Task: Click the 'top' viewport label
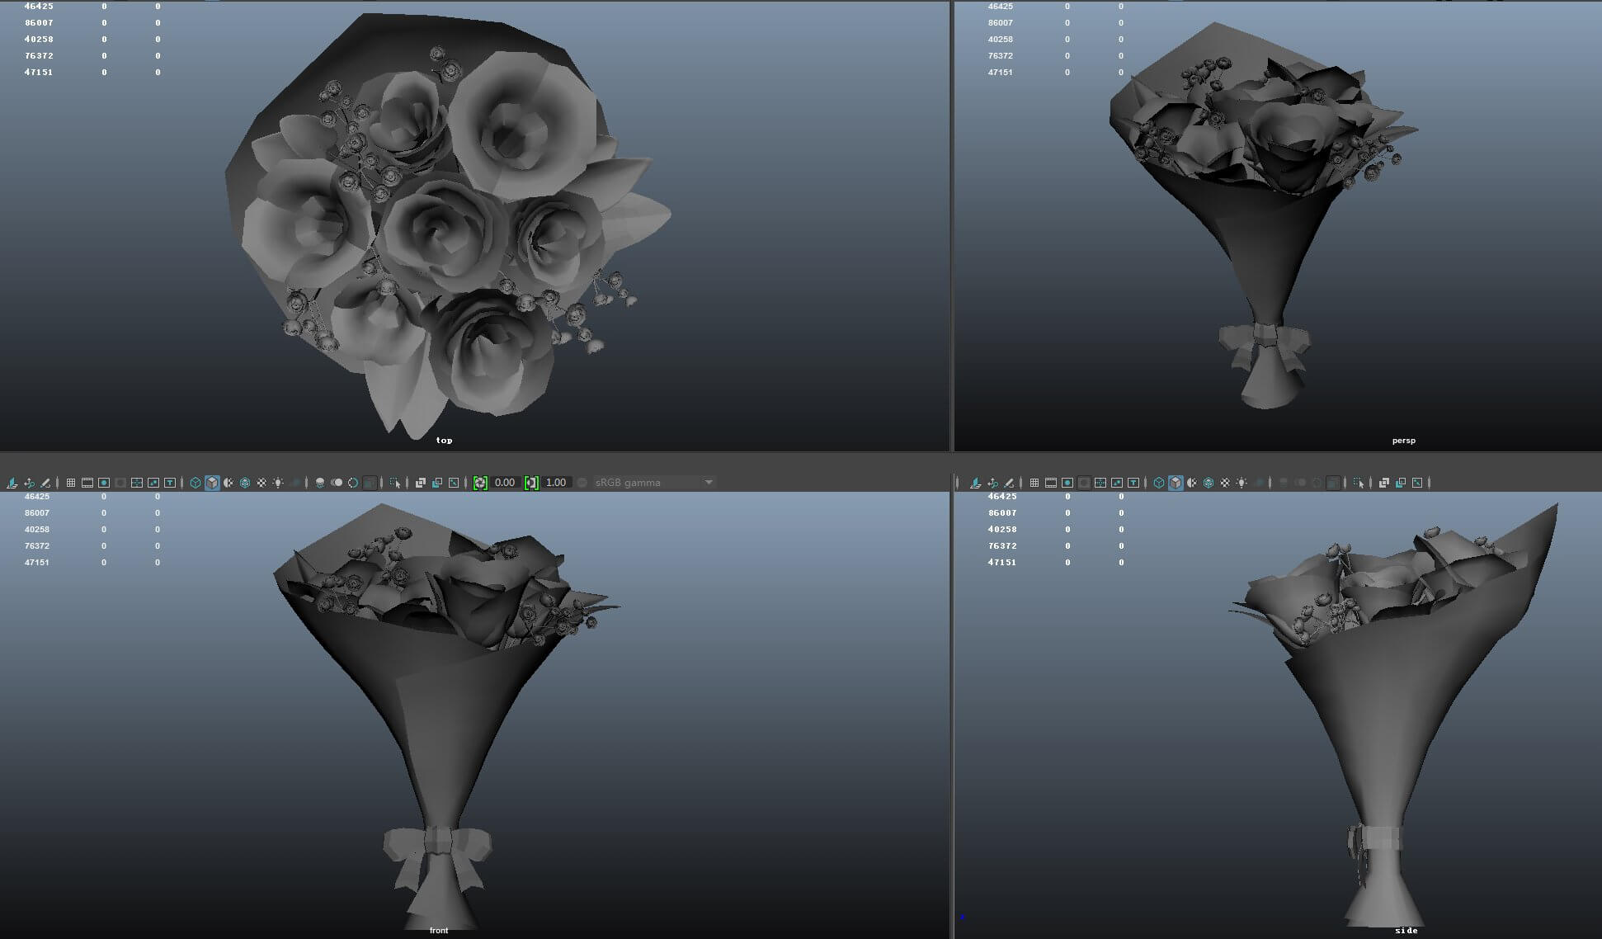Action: click(x=444, y=440)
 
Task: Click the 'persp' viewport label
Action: click(x=1403, y=440)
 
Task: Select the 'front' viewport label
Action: click(x=438, y=930)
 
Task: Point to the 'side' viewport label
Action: click(x=1406, y=930)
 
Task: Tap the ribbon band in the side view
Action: click(x=1378, y=838)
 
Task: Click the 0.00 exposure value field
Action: click(x=505, y=483)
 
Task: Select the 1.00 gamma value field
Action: click(x=556, y=483)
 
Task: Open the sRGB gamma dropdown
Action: click(x=708, y=483)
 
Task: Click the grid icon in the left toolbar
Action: click(x=71, y=483)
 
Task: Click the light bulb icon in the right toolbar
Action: click(x=1242, y=483)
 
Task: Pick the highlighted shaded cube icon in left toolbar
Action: click(x=212, y=483)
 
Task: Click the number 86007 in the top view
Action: click(x=38, y=23)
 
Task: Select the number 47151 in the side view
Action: click(x=1002, y=562)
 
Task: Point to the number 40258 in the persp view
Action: click(x=1000, y=40)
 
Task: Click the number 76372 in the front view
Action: click(x=37, y=545)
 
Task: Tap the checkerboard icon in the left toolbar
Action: click(x=262, y=483)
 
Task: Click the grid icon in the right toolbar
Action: click(x=1034, y=483)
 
